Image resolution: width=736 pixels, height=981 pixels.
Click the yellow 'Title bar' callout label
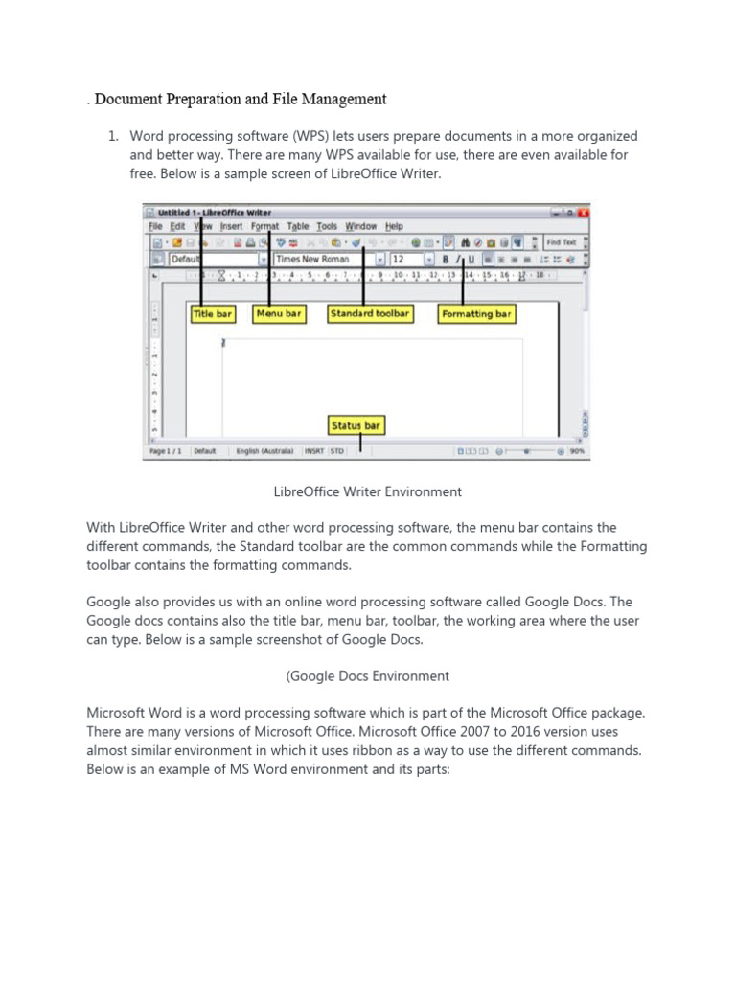coord(213,313)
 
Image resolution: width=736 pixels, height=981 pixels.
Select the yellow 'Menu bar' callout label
coord(279,313)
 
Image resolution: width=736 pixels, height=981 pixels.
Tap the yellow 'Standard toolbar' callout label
coord(370,313)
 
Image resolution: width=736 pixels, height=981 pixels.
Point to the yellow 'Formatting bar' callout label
coord(476,313)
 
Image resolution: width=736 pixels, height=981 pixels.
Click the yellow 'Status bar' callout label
coord(356,425)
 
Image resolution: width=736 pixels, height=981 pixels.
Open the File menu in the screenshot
coord(155,227)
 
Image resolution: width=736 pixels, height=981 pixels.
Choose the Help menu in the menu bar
coord(394,227)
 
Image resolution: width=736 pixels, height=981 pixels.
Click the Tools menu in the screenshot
coord(327,227)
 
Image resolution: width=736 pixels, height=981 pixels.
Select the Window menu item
coord(360,227)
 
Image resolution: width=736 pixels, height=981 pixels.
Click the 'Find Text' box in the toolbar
coord(562,242)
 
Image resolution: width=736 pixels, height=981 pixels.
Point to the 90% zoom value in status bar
coord(577,451)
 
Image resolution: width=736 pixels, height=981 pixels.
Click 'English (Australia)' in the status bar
coord(264,451)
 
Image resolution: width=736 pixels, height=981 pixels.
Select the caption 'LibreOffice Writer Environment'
coord(368,491)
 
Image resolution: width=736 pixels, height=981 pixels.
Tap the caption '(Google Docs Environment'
coord(368,676)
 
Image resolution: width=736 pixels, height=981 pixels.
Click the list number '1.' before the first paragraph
coord(112,137)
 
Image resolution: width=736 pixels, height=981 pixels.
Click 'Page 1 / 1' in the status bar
coord(165,451)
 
